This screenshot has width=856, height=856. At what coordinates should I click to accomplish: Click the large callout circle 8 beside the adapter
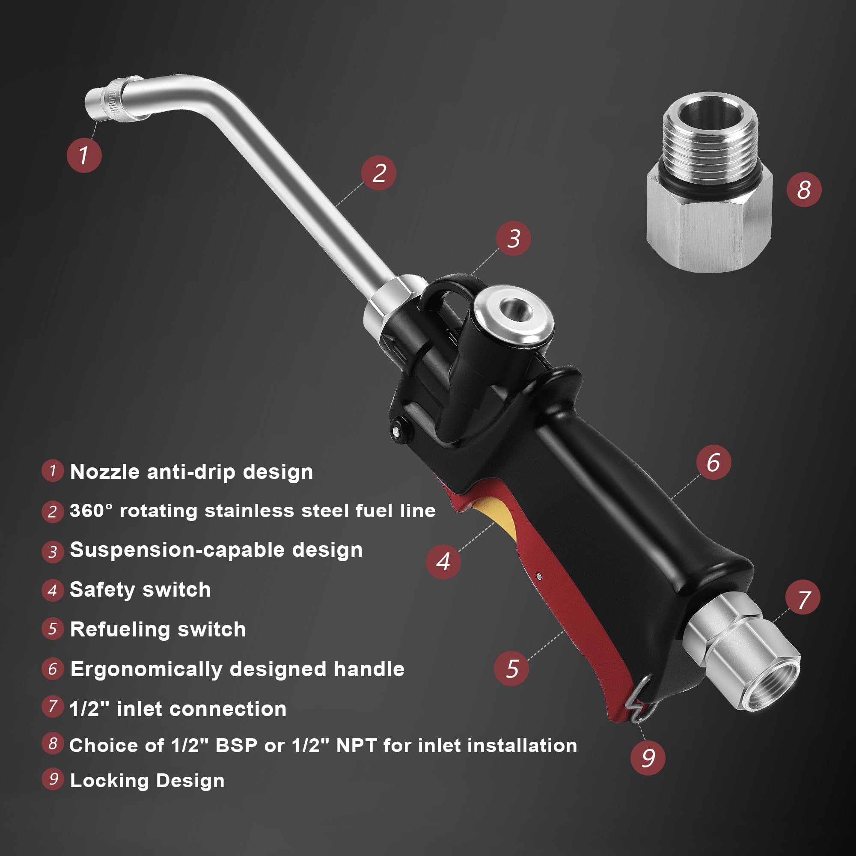pos(804,190)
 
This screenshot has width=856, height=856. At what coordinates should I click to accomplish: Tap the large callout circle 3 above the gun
pos(514,239)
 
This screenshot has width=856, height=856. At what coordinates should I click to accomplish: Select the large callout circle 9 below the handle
pos(648,758)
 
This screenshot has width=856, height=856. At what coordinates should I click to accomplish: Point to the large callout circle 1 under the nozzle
pos(84,155)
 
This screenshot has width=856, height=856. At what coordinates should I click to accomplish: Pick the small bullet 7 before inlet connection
pos(53,706)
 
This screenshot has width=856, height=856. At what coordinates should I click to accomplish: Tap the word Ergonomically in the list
pos(146,669)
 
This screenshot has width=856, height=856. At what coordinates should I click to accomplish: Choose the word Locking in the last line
pos(109,781)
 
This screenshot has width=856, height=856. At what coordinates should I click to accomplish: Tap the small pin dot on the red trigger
pos(539,576)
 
